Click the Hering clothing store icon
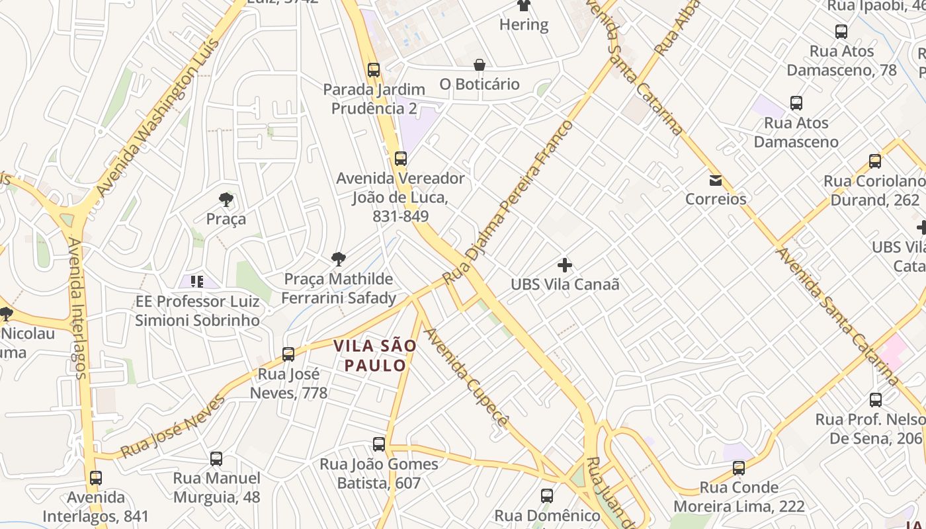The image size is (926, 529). [524, 5]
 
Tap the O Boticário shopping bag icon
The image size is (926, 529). [480, 65]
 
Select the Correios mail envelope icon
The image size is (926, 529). [715, 181]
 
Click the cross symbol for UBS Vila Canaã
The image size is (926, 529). [564, 265]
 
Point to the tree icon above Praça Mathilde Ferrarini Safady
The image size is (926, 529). [338, 259]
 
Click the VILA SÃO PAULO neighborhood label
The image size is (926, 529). [375, 355]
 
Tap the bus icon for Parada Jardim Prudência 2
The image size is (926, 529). [374, 69]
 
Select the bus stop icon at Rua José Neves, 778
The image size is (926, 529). [288, 354]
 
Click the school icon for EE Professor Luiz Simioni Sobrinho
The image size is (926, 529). [196, 282]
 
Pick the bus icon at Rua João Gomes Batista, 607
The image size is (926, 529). [379, 444]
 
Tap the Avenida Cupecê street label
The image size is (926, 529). [467, 377]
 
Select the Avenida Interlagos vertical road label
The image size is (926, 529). [77, 308]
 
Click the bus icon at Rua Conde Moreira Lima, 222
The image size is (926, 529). [739, 468]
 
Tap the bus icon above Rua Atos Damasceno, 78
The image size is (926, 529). [841, 31]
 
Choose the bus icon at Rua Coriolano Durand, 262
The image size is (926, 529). [875, 161]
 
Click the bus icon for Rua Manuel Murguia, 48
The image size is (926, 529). [216, 459]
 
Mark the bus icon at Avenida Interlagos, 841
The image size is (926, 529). [96, 477]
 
